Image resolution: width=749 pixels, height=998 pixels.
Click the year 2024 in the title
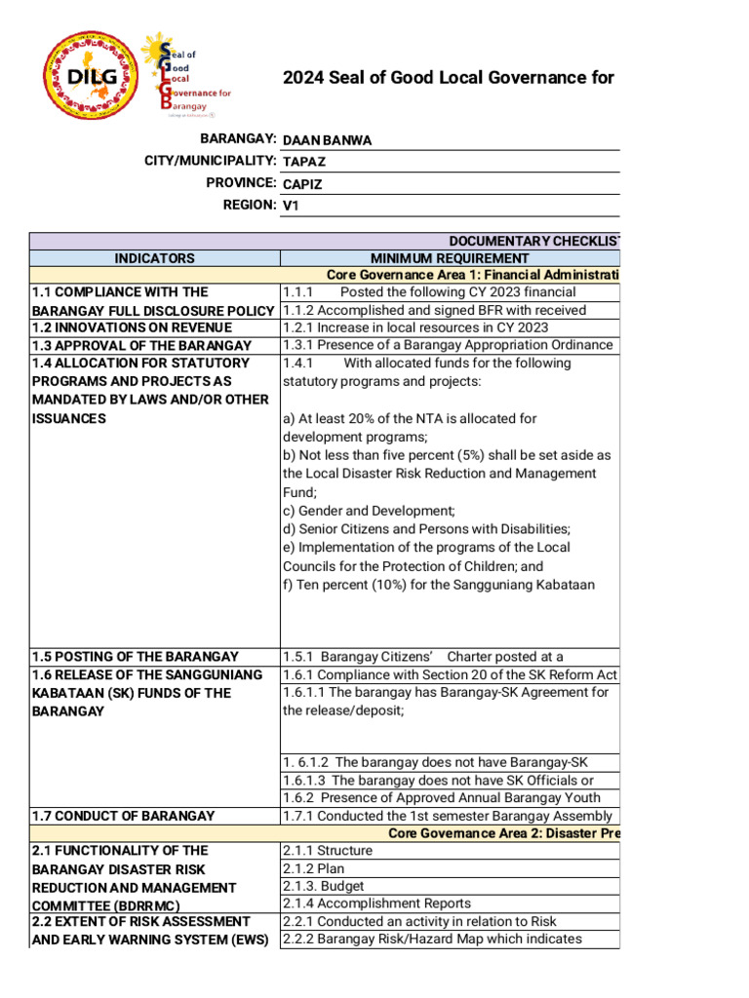tap(302, 78)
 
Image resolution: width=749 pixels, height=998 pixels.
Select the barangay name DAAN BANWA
tap(327, 140)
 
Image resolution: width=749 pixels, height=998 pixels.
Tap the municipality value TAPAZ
tap(304, 162)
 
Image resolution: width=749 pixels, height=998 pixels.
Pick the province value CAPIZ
tap(303, 184)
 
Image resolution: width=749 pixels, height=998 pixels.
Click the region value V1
tap(291, 207)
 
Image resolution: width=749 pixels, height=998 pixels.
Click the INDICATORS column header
tap(155, 258)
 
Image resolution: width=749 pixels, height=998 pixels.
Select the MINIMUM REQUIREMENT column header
tap(450, 258)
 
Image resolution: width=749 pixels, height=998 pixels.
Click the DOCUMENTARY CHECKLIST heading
tap(532, 241)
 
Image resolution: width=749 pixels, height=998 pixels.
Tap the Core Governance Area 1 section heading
tap(472, 275)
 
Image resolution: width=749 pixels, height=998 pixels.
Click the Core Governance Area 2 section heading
tap(503, 833)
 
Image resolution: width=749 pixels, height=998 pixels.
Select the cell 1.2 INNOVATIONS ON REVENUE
tap(132, 327)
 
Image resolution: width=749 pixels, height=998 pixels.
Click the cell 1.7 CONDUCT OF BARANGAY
tap(123, 816)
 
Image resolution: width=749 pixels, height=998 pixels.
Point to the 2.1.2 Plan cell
tap(313, 868)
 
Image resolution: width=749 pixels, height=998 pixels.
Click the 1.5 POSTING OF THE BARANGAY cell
tap(135, 657)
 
